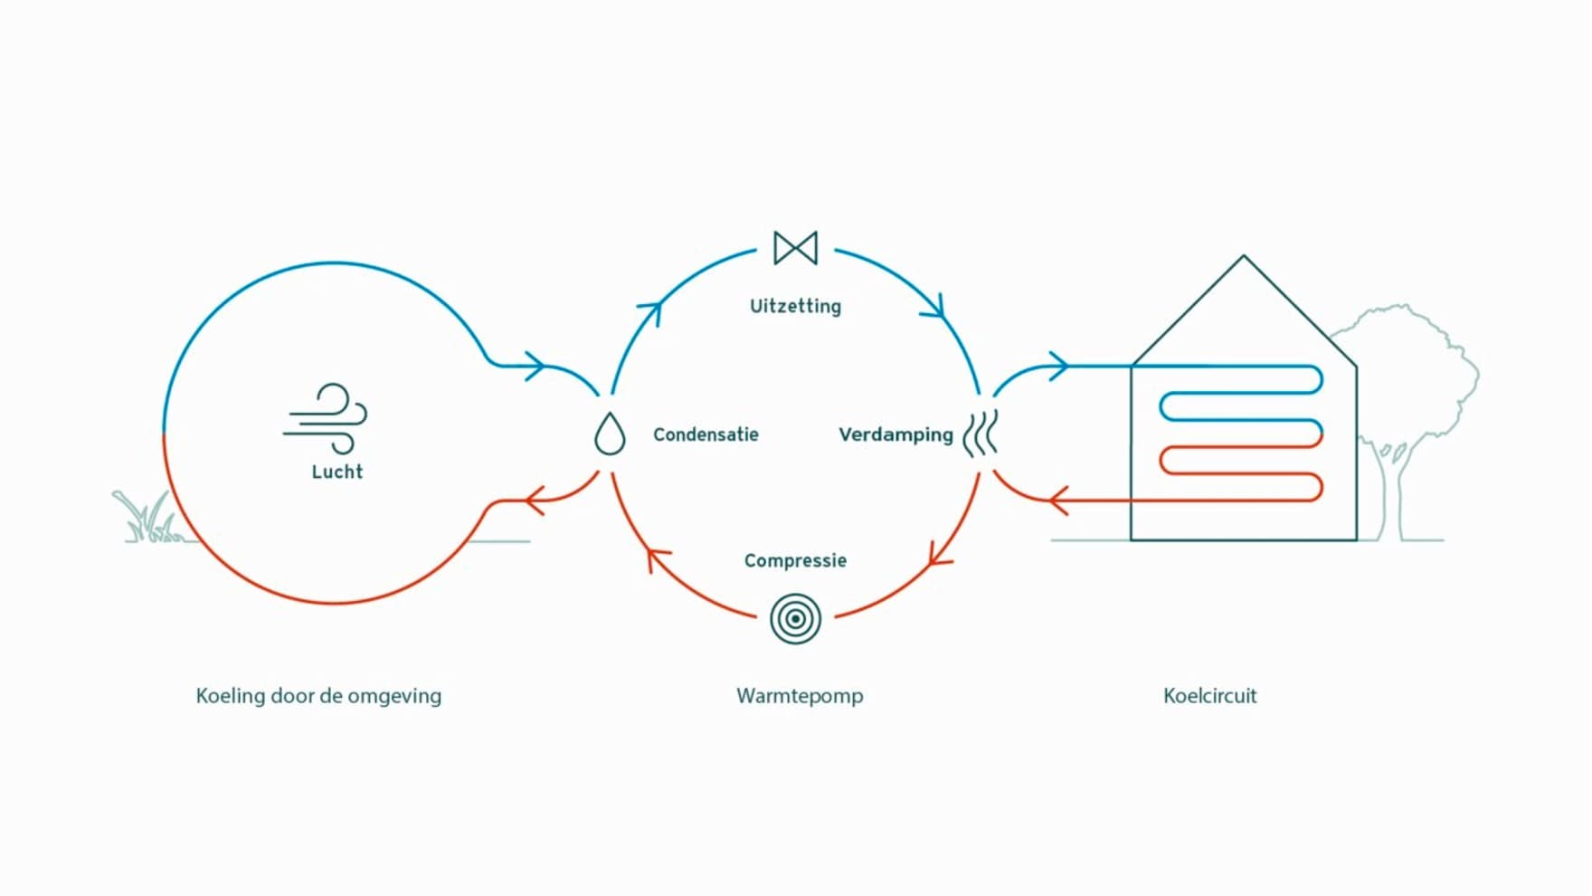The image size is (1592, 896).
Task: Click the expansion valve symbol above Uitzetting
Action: (x=795, y=248)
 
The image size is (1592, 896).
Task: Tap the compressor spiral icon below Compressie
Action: (x=795, y=619)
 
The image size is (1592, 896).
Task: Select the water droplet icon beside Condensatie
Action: (x=610, y=434)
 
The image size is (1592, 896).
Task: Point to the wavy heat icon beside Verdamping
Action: (x=981, y=434)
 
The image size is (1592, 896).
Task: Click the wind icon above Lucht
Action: (x=326, y=418)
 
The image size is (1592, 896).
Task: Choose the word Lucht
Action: (x=337, y=472)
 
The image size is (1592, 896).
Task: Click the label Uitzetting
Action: (x=795, y=306)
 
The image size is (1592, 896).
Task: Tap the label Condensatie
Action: (x=706, y=434)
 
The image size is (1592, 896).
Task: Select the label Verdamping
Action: (x=895, y=434)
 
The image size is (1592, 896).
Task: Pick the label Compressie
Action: (x=795, y=560)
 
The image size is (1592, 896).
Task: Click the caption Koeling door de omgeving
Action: (x=318, y=696)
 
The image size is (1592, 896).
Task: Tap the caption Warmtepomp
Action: (x=800, y=696)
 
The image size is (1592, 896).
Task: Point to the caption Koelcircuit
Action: (x=1210, y=695)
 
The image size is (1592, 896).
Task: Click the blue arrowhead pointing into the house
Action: (x=1059, y=367)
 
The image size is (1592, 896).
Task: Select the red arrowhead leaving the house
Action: (x=1057, y=500)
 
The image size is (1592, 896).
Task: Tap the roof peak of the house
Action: (x=1244, y=256)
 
